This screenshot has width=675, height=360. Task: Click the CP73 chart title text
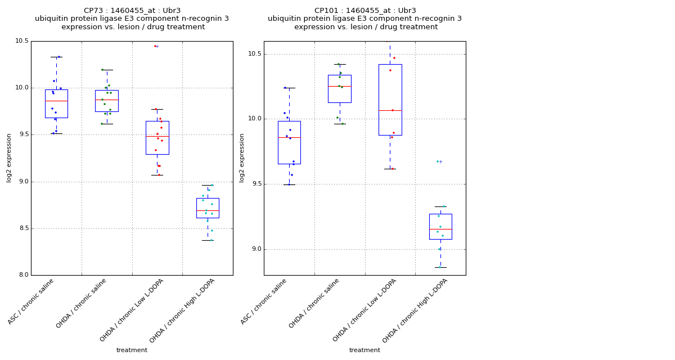pyautogui.click(x=132, y=19)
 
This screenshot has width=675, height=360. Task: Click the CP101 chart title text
pyautogui.click(x=365, y=19)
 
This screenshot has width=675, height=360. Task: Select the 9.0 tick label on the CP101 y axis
pyautogui.click(x=256, y=249)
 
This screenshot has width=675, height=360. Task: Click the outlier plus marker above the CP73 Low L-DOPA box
pyautogui.click(x=157, y=46)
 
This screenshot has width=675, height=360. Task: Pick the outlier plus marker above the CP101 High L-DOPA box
pyautogui.click(x=440, y=161)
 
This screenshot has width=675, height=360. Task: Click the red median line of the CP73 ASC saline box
pyautogui.click(x=56, y=101)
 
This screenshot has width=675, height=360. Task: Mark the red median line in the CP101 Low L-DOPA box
pyautogui.click(x=390, y=110)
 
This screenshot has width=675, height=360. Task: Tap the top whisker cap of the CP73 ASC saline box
pyautogui.click(x=56, y=57)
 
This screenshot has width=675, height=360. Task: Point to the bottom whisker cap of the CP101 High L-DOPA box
pyautogui.click(x=440, y=267)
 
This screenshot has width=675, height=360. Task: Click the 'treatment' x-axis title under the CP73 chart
pyautogui.click(x=132, y=350)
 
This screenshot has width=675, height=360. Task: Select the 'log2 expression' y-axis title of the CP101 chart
pyautogui.click(x=242, y=157)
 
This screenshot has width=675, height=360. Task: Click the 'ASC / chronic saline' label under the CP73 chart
pyautogui.click(x=31, y=301)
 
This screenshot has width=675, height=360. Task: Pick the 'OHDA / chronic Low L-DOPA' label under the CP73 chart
pyautogui.click(x=132, y=310)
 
